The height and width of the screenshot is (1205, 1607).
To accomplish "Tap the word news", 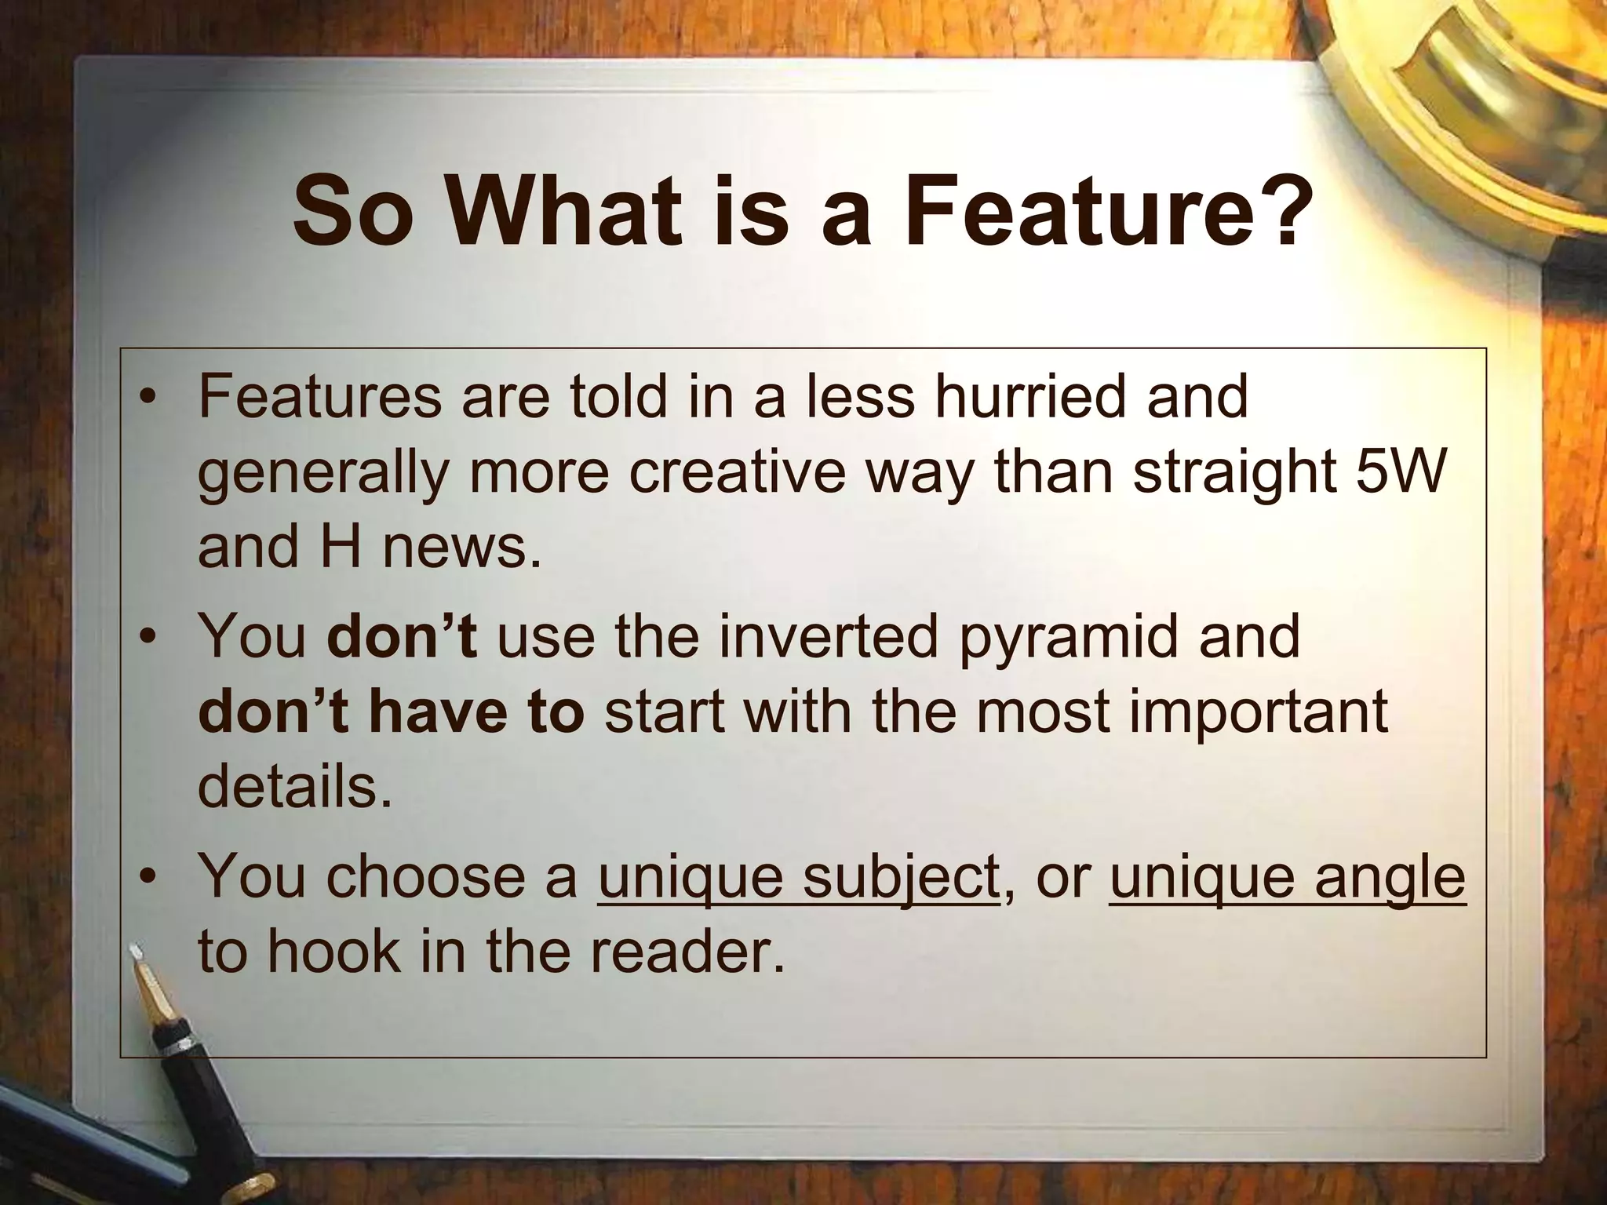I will [x=462, y=547].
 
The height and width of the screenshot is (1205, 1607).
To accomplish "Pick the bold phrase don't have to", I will [x=391, y=712].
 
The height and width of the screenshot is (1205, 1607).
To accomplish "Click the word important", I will [x=1253, y=712].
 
